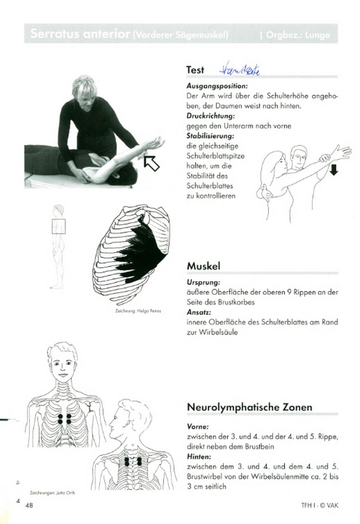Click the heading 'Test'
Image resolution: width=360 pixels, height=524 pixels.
(195, 70)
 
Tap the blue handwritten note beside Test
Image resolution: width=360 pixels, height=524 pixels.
(240, 70)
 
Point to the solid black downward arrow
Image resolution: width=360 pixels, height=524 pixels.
(334, 171)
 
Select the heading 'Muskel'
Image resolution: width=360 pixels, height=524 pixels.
(203, 266)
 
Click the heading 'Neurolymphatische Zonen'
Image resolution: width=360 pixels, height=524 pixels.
(250, 407)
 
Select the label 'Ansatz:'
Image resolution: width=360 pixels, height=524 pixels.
(198, 312)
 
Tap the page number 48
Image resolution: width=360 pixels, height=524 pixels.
(29, 505)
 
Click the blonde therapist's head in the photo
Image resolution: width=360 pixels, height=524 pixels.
(86, 89)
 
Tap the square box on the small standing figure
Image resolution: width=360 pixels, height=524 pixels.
(59, 226)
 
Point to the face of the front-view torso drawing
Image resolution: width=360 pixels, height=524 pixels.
(62, 364)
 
